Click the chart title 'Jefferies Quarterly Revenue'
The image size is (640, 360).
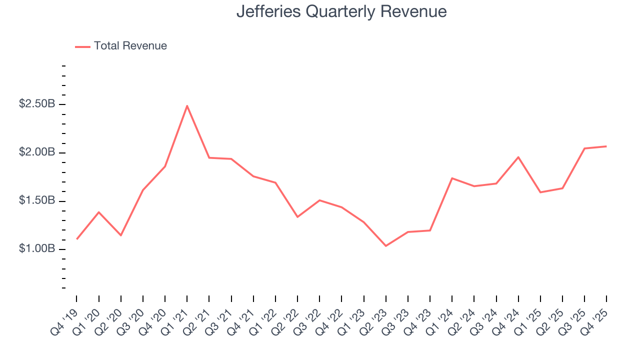[341, 11]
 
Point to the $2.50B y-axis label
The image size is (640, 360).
[37, 104]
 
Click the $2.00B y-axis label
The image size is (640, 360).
[37, 152]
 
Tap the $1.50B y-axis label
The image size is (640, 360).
[37, 201]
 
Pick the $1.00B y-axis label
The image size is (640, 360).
[37, 249]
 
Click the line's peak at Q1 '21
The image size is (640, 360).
[187, 105]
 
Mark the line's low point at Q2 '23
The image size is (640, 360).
[386, 246]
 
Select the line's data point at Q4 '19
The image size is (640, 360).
[76, 239]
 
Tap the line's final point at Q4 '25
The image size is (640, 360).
[606, 146]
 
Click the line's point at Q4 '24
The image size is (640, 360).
[518, 157]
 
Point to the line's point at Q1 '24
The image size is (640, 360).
[452, 178]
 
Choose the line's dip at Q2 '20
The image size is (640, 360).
[120, 235]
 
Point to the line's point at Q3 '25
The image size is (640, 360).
[584, 148]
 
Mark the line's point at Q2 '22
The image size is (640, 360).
[297, 217]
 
